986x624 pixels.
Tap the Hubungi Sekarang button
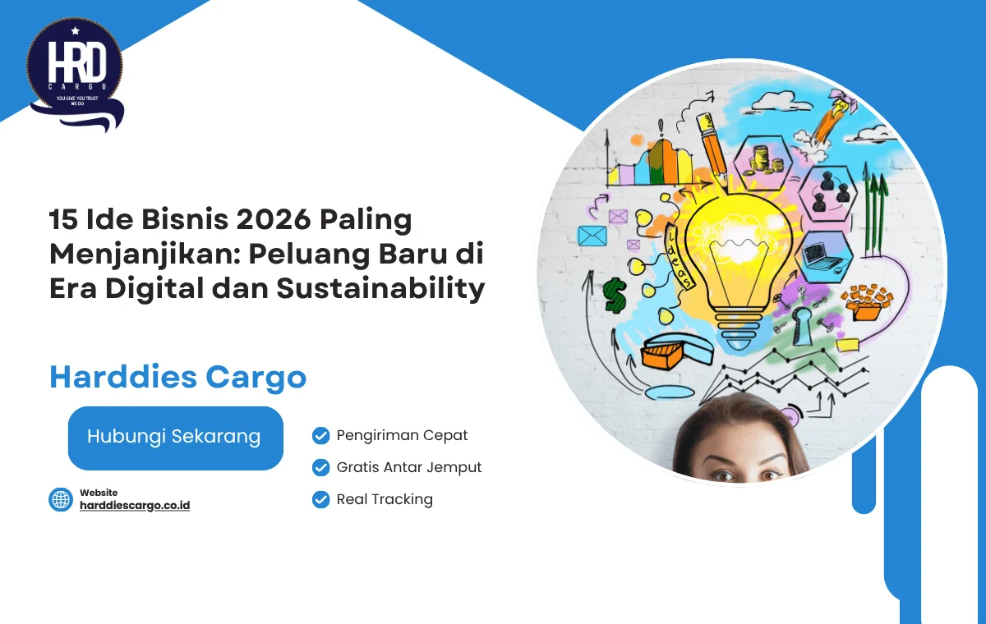tap(175, 438)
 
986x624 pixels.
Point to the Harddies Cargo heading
tap(177, 378)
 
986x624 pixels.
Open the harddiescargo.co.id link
tap(135, 505)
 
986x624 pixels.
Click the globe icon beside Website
tap(61, 499)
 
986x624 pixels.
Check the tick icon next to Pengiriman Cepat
tap(321, 435)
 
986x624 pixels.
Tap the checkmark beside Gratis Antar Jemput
tap(321, 467)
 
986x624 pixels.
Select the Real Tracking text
tap(385, 499)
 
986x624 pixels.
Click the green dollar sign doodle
tap(615, 294)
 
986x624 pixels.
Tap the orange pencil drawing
tap(712, 148)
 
